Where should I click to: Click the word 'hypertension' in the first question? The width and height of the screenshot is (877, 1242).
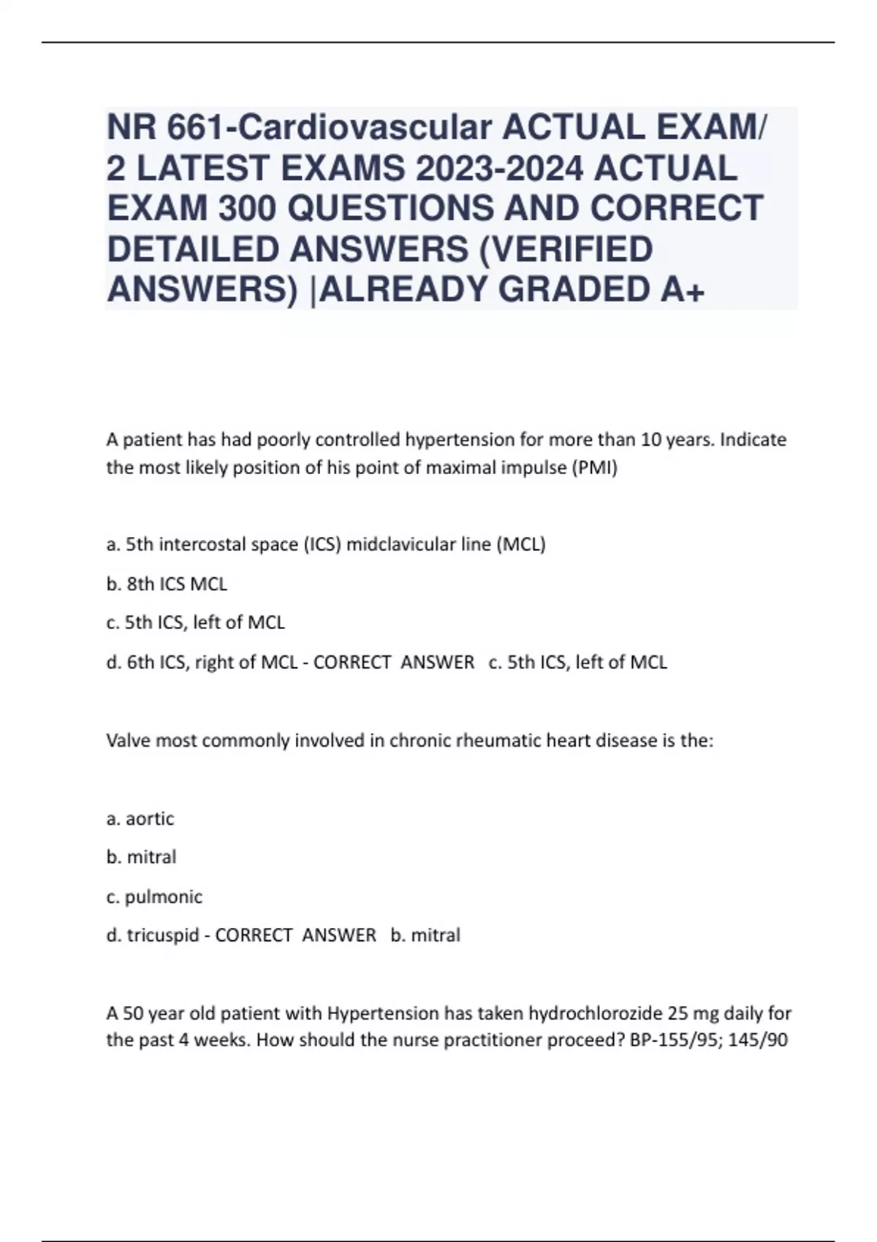[459, 440]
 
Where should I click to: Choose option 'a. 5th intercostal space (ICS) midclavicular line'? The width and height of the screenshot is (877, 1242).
[325, 544]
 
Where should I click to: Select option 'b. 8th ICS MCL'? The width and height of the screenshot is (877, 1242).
[167, 584]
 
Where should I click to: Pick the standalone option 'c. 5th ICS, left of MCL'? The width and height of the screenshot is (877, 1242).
[195, 622]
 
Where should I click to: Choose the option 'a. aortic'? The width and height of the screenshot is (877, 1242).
[140, 818]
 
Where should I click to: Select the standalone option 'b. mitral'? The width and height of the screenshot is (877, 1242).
[141, 857]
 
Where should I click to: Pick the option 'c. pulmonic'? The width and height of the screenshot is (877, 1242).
[154, 896]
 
